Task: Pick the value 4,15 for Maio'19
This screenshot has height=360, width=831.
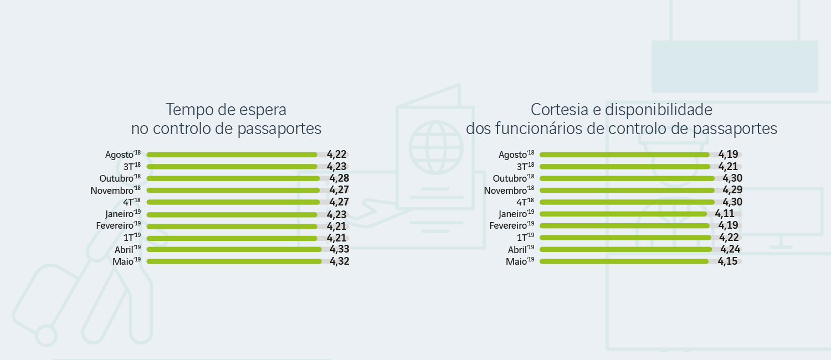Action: tap(727, 261)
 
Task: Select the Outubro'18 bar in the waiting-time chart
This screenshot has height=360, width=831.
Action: tap(233, 178)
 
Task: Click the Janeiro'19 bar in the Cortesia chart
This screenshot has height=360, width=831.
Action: tap(623, 214)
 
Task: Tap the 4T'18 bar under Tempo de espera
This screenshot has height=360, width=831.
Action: tap(233, 202)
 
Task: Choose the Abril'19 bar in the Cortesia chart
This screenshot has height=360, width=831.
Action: tap(625, 250)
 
